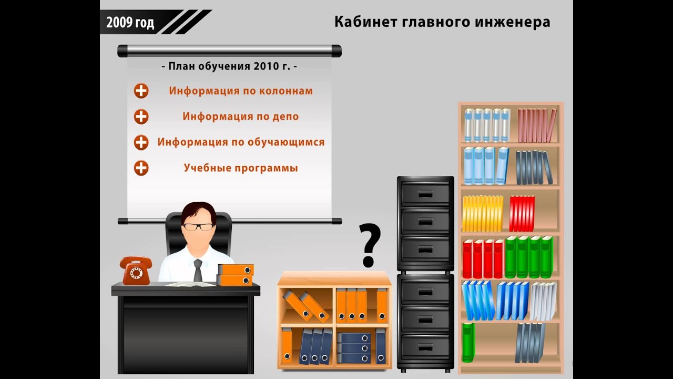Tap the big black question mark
pyautogui.click(x=370, y=244)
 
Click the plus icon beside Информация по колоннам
pyautogui.click(x=141, y=91)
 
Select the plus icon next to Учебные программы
pyautogui.click(x=141, y=168)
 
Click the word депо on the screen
pyautogui.click(x=285, y=116)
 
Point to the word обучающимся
pyautogui.click(x=287, y=142)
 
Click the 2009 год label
pyautogui.click(x=130, y=23)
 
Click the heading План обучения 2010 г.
pyautogui.click(x=229, y=67)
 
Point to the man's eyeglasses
pyautogui.click(x=198, y=227)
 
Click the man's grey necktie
pyautogui.click(x=198, y=270)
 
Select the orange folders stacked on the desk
pyautogui.click(x=235, y=275)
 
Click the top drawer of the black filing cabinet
pyautogui.click(x=425, y=194)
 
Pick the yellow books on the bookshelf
pyautogui.click(x=482, y=213)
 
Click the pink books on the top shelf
pyautogui.click(x=536, y=125)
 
